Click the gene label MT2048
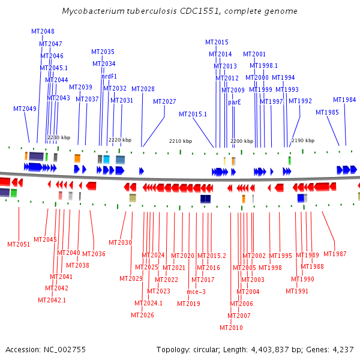43,31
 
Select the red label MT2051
19,244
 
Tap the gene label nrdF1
109,76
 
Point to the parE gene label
234,102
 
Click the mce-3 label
196,292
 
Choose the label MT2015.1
193,114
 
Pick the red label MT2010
231,328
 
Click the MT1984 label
344,100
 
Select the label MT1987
335,254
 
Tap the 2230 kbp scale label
59,137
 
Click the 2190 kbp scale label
303,140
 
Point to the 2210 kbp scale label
181,141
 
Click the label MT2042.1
52,300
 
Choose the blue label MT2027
164,101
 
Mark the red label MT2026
142,315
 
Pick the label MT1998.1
263,65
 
